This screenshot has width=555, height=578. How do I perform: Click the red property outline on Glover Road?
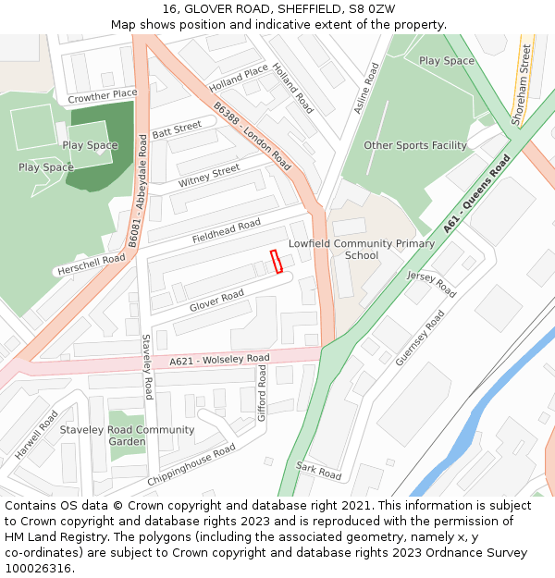[276, 263]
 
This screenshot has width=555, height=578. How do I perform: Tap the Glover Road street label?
[216, 301]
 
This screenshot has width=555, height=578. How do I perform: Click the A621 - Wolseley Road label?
[219, 359]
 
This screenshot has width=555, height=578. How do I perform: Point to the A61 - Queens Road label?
[476, 193]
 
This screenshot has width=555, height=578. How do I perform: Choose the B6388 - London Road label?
[253, 138]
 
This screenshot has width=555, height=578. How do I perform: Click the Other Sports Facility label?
[415, 146]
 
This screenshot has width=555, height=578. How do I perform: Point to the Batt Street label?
[177, 129]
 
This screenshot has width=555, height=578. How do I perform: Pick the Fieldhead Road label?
[227, 231]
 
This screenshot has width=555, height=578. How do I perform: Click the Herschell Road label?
[91, 264]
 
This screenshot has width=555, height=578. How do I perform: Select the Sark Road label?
[319, 472]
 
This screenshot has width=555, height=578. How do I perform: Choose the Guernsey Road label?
[420, 338]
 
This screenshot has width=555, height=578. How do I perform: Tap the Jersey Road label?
[431, 284]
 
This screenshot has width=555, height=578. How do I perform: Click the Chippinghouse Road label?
[191, 464]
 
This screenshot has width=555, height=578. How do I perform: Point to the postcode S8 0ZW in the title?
[372, 8]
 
